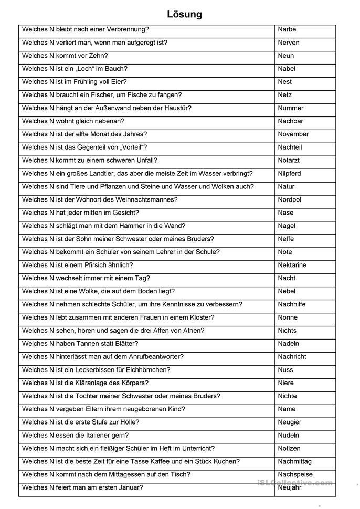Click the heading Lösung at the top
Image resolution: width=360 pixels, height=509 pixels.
point(184,14)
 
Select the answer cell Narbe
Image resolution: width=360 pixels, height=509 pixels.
point(287,29)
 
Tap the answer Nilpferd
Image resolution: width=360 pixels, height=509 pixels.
point(289,173)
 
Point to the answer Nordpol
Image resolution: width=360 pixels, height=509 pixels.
point(289,199)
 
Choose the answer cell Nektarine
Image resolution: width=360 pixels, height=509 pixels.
point(292,265)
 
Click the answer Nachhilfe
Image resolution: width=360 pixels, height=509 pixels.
point(291,304)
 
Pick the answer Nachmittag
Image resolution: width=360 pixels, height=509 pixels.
point(294,461)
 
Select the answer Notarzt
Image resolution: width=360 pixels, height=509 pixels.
point(289,160)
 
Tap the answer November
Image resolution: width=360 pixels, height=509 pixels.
point(293,134)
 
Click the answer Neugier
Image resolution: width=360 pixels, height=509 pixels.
point(289,422)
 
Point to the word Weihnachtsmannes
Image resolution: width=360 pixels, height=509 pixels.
point(146,199)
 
